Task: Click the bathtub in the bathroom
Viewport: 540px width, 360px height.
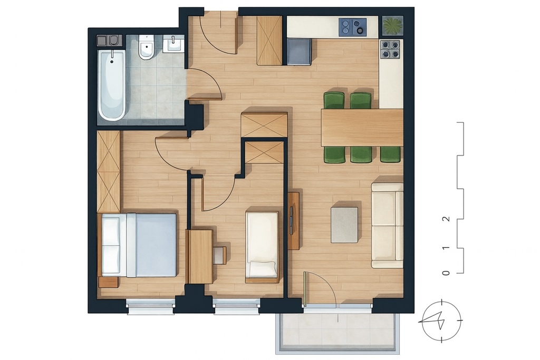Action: [112, 84]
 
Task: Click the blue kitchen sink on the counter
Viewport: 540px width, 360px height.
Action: [352, 26]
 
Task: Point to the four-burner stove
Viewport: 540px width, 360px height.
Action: [390, 50]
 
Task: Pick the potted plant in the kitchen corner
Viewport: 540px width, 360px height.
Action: [392, 25]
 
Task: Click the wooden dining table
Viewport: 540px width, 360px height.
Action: [362, 127]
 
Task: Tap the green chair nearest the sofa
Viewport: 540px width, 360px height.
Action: [390, 154]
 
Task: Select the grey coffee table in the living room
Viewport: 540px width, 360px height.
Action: [344, 225]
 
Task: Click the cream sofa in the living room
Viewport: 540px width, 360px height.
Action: [387, 225]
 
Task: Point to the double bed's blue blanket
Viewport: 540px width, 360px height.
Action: [156, 245]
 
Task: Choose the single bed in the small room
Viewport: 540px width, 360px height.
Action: [262, 244]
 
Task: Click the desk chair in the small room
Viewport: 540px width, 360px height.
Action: [219, 255]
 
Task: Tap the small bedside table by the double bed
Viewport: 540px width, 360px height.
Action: [108, 282]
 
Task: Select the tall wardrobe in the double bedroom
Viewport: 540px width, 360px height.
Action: [109, 171]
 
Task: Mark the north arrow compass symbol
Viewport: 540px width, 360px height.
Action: [441, 320]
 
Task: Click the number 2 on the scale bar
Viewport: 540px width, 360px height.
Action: [446, 219]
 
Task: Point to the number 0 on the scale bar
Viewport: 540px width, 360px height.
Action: [446, 273]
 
